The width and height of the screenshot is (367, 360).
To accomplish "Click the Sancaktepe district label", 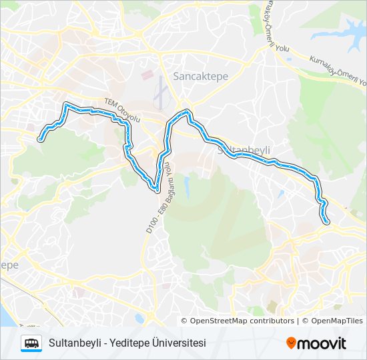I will click(200, 76).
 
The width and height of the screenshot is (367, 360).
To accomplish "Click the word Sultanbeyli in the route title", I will click(75, 343).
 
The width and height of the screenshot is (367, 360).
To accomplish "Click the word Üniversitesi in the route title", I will click(179, 343).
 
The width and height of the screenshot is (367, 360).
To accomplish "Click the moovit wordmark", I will click(322, 343).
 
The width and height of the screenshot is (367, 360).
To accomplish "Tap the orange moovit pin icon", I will click(291, 343).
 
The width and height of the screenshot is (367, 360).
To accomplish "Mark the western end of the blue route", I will click(41, 139).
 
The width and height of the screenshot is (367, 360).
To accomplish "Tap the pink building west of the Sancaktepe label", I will click(147, 74).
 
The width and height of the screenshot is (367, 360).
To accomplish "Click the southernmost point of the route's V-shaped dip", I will click(156, 189).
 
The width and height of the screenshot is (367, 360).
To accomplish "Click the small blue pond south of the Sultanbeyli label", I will click(186, 186).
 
